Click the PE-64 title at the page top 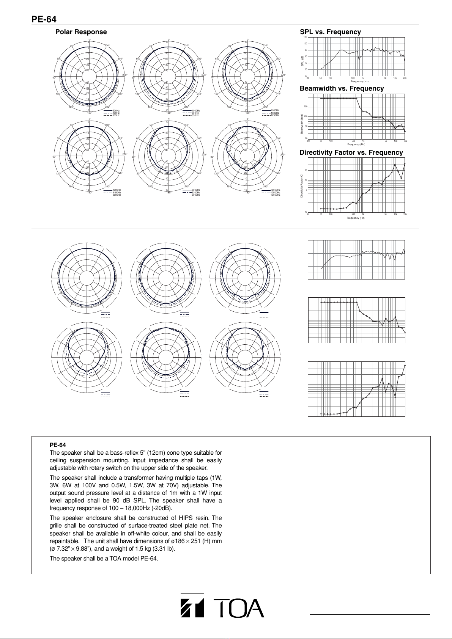44,19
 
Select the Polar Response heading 81,32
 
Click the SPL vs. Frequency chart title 330,32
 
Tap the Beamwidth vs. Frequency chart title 342,89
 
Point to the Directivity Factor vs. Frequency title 351,153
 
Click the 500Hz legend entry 116,110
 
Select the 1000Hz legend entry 196,110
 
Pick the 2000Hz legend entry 275,110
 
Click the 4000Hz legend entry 117,190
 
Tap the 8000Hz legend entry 196,190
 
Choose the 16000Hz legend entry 275,190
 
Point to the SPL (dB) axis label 302,61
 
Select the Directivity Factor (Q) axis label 302,185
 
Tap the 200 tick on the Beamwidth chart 305,107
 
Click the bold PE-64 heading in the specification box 58,445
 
